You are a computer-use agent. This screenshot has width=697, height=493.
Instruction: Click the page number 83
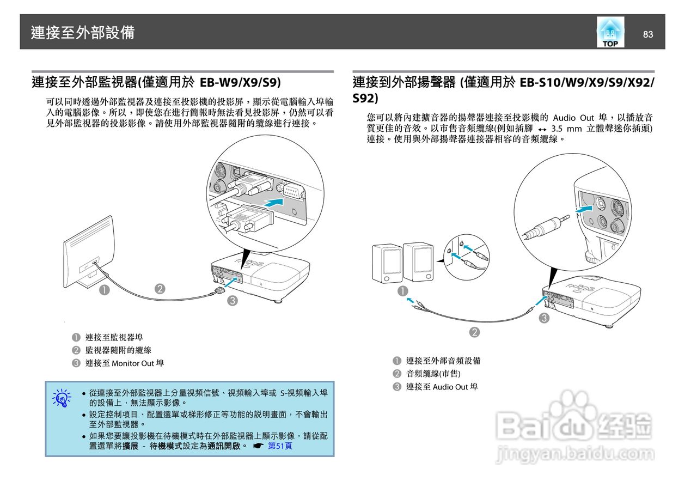[x=647, y=34]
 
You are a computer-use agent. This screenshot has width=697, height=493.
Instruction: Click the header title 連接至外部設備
[x=83, y=33]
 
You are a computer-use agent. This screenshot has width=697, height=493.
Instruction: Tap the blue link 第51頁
[x=280, y=445]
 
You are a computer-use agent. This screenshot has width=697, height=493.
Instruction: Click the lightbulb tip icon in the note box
[x=62, y=398]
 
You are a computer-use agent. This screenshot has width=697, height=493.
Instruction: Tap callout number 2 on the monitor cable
[x=160, y=289]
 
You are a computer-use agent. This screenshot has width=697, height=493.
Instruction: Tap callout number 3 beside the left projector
[x=232, y=300]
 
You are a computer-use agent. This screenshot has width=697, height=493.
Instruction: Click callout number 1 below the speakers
[x=402, y=291]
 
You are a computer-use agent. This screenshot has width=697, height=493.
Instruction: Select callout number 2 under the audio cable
[x=474, y=332]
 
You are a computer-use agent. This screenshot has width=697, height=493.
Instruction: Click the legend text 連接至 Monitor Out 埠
[x=124, y=363]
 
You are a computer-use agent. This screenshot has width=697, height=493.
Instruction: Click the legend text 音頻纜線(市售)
[x=433, y=373]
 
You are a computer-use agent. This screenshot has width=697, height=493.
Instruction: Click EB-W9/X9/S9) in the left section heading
[x=240, y=82]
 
